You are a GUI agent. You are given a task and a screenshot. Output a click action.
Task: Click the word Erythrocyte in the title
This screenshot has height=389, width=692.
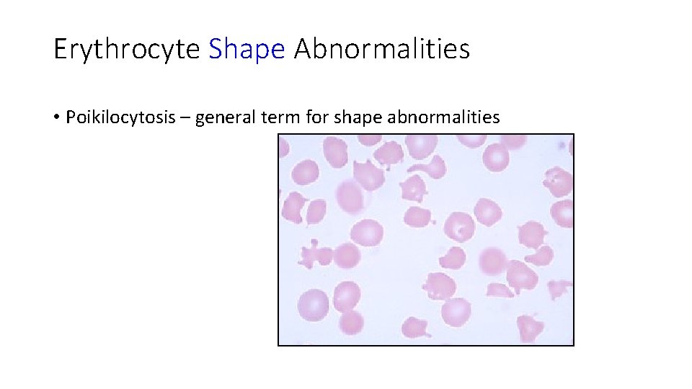127,50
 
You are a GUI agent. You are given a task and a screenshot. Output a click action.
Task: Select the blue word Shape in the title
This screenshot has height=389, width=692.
247,50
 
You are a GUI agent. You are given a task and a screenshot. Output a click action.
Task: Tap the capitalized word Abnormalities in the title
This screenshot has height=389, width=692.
381,50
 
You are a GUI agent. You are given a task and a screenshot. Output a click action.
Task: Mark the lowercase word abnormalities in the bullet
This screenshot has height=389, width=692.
443,117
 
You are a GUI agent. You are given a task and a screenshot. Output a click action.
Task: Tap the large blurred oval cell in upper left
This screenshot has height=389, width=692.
349,195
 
